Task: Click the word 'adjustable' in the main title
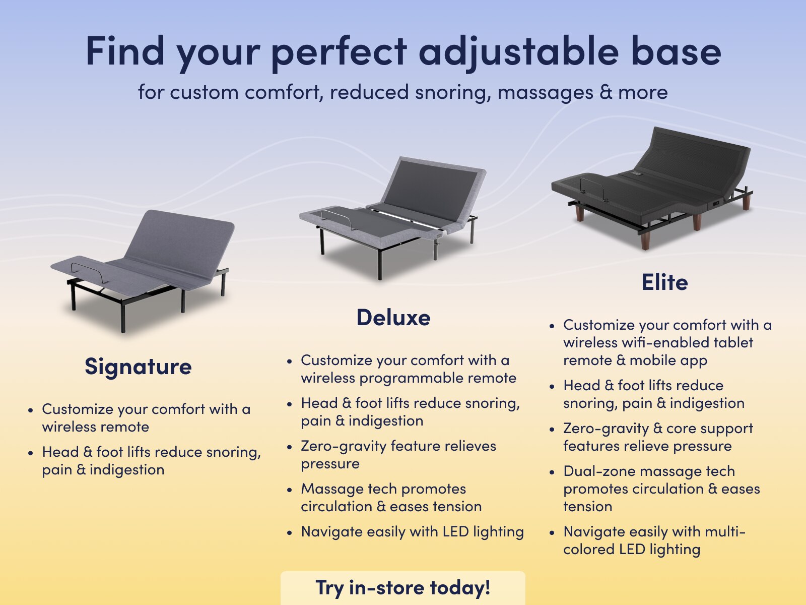click(518, 51)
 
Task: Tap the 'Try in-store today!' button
click(402, 588)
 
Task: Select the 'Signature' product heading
click(138, 367)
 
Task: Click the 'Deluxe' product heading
click(393, 318)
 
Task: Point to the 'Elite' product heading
click(664, 282)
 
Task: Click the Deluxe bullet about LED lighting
click(412, 532)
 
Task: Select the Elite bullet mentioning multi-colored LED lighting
click(654, 540)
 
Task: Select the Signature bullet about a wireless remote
click(146, 418)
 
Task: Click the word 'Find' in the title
click(125, 51)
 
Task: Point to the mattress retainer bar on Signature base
click(90, 272)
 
